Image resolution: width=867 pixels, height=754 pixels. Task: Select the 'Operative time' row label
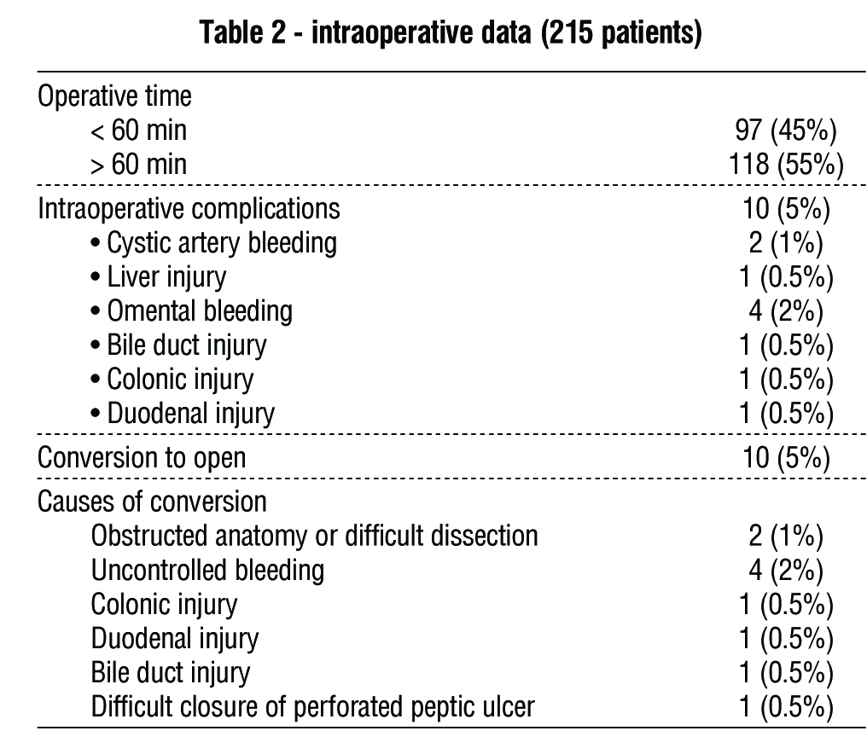pos(114,96)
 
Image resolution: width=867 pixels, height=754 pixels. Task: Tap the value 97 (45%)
pos(786,130)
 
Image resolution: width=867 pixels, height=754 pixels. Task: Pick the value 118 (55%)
pos(786,164)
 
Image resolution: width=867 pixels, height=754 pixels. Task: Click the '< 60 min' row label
pos(139,130)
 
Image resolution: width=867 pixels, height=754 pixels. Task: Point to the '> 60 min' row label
pos(139,164)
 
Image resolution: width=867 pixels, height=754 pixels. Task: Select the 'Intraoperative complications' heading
pos(189,209)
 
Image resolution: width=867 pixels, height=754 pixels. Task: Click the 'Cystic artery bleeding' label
pos(222,243)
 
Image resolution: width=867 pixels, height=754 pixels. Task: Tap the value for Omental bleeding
pos(786,311)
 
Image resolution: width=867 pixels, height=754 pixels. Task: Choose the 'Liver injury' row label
pos(166,277)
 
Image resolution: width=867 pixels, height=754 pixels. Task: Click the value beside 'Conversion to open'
pos(786,458)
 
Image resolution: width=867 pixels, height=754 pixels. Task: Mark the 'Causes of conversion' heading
pos(152,502)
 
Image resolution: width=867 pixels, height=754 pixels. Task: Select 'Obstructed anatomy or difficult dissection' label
pos(315,536)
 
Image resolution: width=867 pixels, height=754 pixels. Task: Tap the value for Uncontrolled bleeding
pos(786,570)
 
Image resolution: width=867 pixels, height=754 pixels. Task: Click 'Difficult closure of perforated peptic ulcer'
pos(313,706)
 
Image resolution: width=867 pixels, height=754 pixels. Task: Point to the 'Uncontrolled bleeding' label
pos(208,570)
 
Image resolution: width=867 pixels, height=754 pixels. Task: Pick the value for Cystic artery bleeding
pos(786,243)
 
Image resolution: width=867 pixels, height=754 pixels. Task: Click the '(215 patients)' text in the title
pos(621,32)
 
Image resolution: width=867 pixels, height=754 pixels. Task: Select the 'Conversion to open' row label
pos(142,458)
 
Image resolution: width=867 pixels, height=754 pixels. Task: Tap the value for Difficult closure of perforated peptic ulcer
pos(786,706)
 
